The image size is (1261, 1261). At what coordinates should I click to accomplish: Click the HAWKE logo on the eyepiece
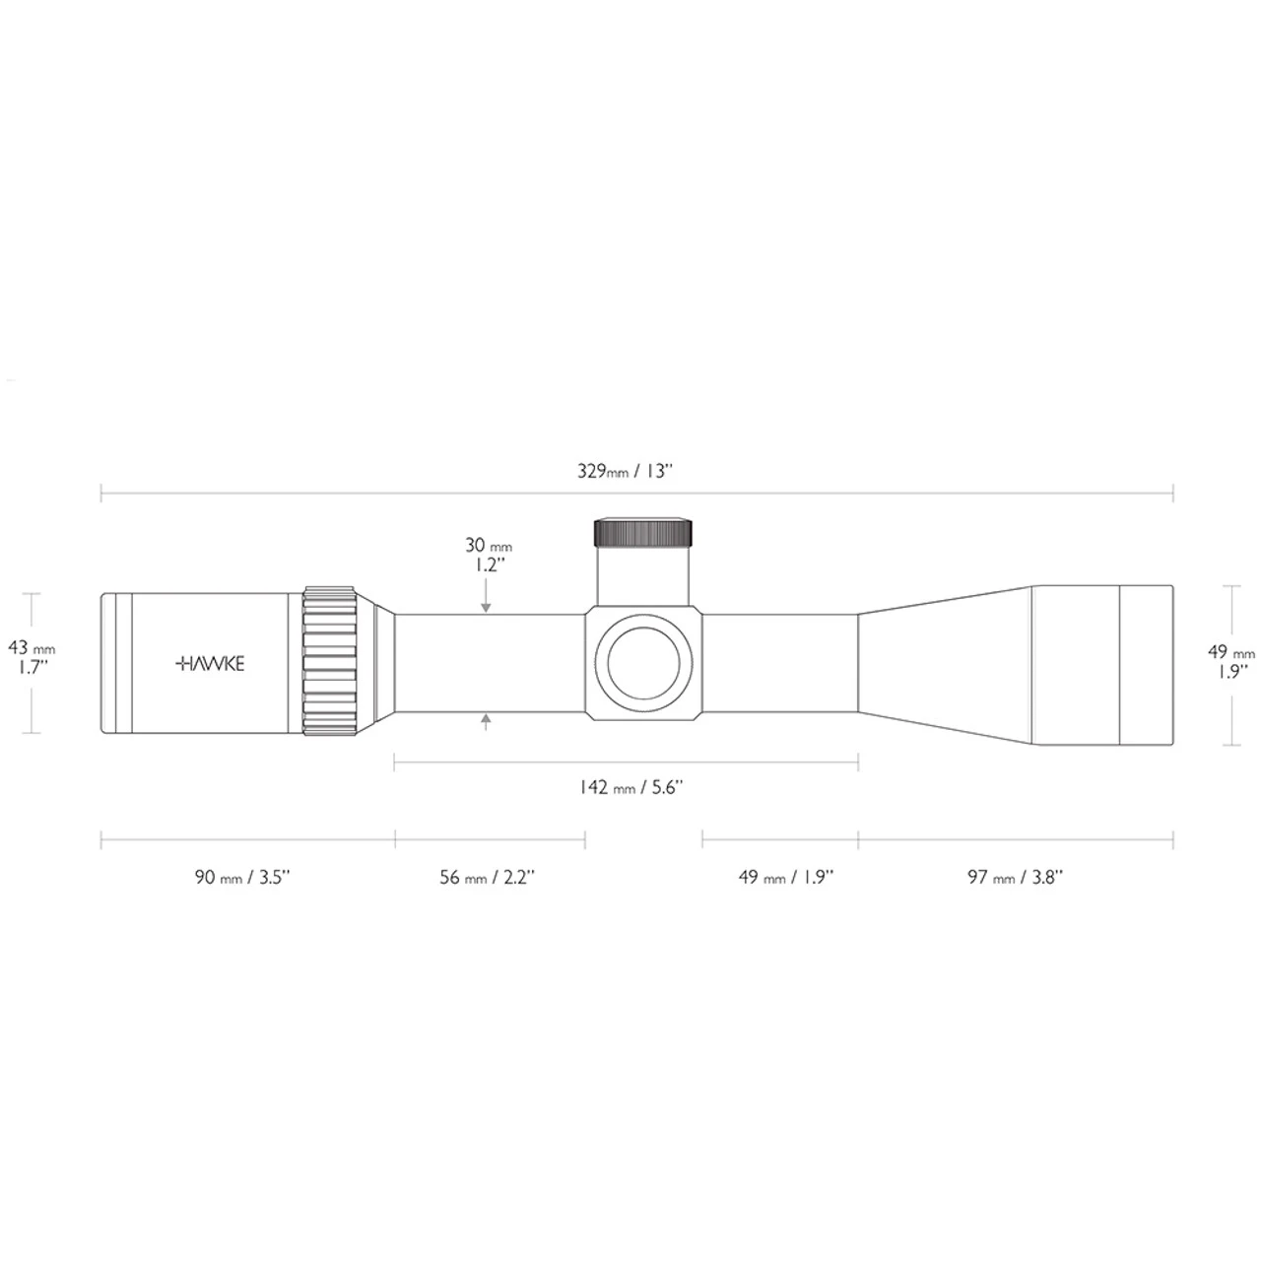click(x=209, y=663)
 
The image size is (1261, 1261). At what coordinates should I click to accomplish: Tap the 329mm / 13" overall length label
click(x=625, y=471)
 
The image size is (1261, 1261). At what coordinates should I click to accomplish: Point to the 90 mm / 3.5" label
click(x=241, y=877)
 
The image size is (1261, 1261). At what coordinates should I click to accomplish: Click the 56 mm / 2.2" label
click(x=487, y=877)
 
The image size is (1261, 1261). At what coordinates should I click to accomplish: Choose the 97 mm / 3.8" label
click(x=1015, y=877)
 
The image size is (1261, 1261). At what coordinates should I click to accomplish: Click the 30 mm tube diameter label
click(x=489, y=546)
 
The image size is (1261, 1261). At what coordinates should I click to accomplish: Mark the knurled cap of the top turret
click(x=642, y=532)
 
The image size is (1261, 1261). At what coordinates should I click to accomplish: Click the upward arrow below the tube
click(x=487, y=722)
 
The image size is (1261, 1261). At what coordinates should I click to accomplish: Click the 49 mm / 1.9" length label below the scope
click(x=785, y=877)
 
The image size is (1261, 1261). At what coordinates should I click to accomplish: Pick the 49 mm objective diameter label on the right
click(x=1231, y=652)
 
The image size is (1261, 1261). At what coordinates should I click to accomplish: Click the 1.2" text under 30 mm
click(x=486, y=565)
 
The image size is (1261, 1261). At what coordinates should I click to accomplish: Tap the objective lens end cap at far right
click(x=1147, y=664)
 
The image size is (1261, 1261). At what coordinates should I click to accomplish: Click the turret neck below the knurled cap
click(x=642, y=576)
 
